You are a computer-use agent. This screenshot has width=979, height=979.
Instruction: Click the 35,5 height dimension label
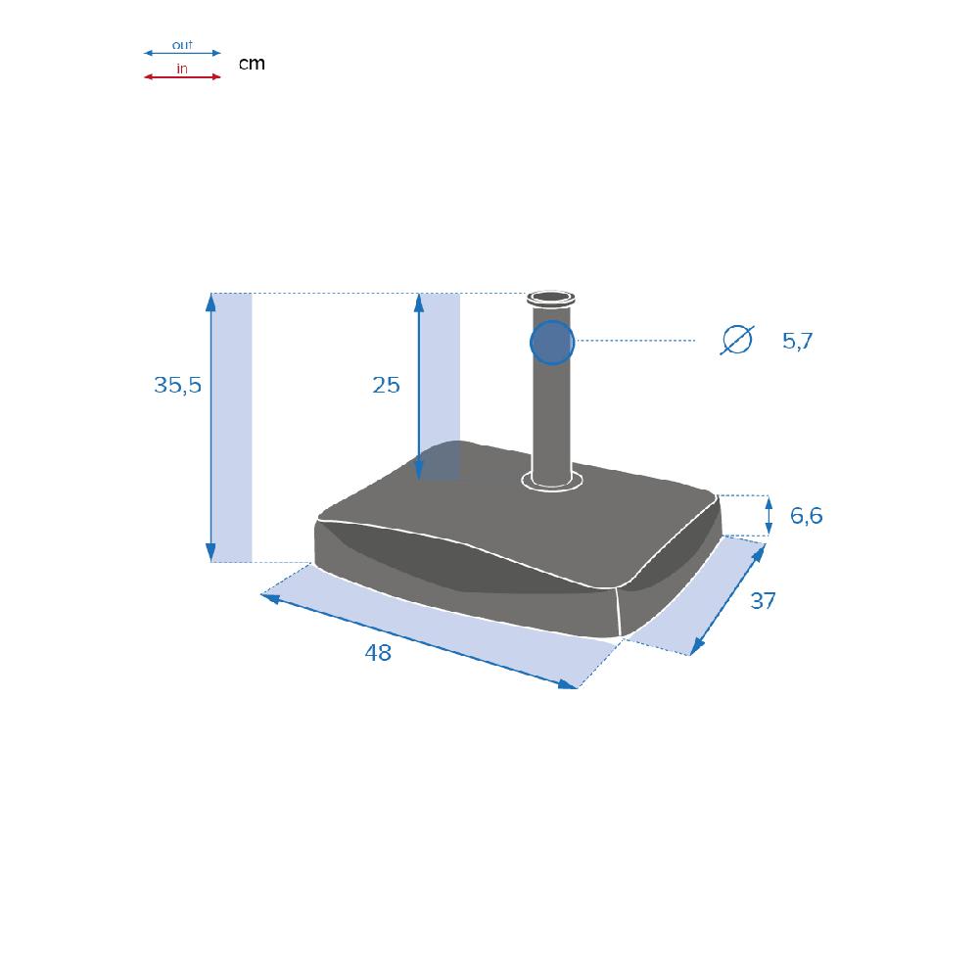pyautogui.click(x=178, y=385)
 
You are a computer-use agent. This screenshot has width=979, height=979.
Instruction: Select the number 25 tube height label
pyautogui.click(x=386, y=385)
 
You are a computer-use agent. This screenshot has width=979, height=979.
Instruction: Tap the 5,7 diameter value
pyautogui.click(x=797, y=341)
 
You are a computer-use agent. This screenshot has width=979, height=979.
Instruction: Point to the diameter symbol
pyautogui.click(x=737, y=340)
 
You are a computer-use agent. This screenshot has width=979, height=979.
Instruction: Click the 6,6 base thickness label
pyautogui.click(x=806, y=516)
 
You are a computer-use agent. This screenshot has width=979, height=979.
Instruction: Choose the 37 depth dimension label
pyautogui.click(x=763, y=601)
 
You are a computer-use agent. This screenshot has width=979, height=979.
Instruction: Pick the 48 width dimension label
pyautogui.click(x=378, y=653)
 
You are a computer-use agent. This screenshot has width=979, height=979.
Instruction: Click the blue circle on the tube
pyautogui.click(x=552, y=343)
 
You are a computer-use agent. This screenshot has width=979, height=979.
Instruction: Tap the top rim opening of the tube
pyautogui.click(x=550, y=298)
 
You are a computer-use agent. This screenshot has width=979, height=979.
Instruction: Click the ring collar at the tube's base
pyautogui.click(x=552, y=482)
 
